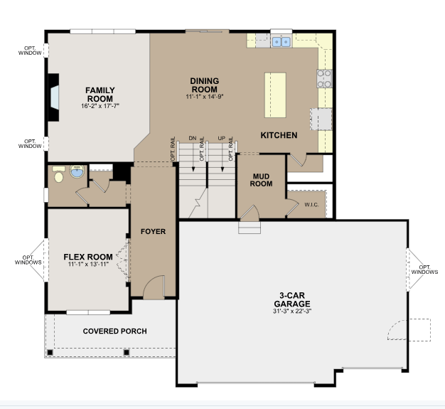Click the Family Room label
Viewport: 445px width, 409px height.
pos(100,95)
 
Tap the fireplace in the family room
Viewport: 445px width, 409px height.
pos(53,97)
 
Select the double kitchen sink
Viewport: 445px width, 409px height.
pos(282,42)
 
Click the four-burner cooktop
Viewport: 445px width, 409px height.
pos(324,79)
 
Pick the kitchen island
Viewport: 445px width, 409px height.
pos(275,95)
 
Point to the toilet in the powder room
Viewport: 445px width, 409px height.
pos(59,174)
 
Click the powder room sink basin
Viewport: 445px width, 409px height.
pos(77,171)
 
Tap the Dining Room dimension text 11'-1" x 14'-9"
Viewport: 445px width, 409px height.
pos(205,97)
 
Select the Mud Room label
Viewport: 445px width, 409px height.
pos(261,180)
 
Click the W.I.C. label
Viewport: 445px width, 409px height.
pos(311,205)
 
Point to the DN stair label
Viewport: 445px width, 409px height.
pos(193,138)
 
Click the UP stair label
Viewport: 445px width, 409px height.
pos(222,138)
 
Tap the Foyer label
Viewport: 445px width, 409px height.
pos(154,231)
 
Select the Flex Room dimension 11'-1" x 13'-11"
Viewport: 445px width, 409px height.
pos(88,265)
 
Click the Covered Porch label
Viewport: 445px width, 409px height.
pos(115,331)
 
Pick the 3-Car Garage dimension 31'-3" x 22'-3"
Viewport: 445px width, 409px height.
pos(292,311)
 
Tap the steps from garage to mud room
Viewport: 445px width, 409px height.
pos(250,228)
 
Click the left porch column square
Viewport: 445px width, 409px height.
pos(50,353)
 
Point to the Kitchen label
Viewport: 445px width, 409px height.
pos(279,135)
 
